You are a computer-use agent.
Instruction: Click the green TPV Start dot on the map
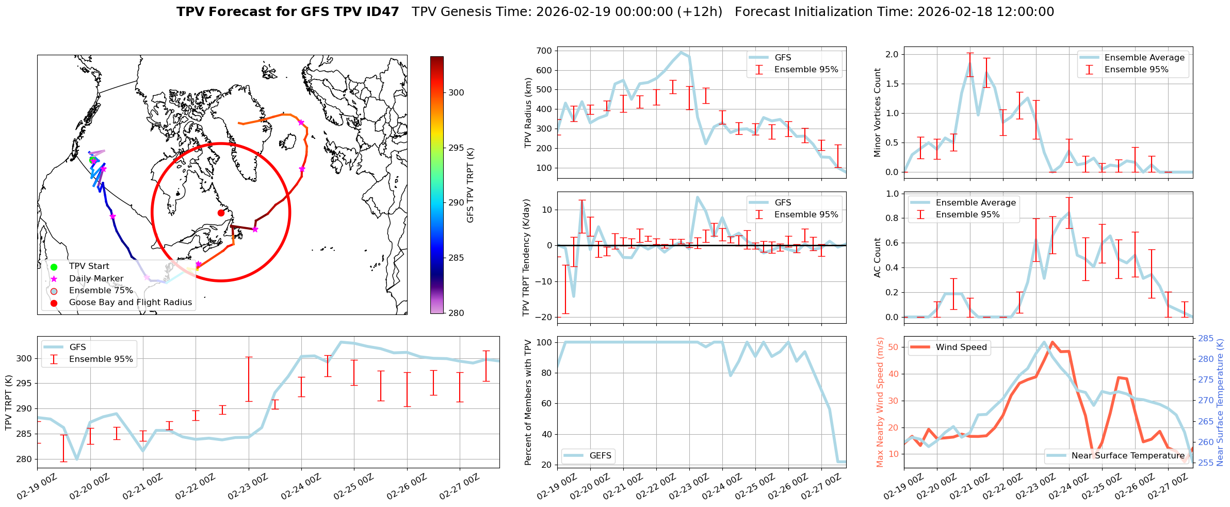pyautogui.click(x=92, y=160)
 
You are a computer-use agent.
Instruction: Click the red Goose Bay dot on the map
pyautogui.click(x=221, y=213)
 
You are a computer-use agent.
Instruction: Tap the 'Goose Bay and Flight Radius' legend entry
pyautogui.click(x=130, y=303)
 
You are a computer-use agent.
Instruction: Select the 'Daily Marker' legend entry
pyautogui.click(x=96, y=279)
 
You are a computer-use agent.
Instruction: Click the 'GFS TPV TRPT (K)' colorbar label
pyautogui.click(x=470, y=185)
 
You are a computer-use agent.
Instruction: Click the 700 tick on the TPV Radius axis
pyautogui.click(x=545, y=51)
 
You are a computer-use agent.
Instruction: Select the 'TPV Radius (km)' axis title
pyautogui.click(x=528, y=113)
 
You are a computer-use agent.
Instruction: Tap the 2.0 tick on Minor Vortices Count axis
pyautogui.click(x=892, y=54)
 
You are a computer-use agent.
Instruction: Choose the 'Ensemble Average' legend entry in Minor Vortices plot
pyautogui.click(x=1144, y=58)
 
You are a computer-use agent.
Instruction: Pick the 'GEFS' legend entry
pyautogui.click(x=600, y=456)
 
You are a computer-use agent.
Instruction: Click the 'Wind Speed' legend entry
pyautogui.click(x=961, y=347)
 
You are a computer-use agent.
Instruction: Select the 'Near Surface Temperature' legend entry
pyautogui.click(x=1128, y=456)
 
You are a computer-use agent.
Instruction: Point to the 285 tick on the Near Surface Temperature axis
pyautogui.click(x=1206, y=339)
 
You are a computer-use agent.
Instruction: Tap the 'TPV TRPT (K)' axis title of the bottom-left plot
pyautogui.click(x=9, y=403)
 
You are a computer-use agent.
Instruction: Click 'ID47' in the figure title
pyautogui.click(x=381, y=12)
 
